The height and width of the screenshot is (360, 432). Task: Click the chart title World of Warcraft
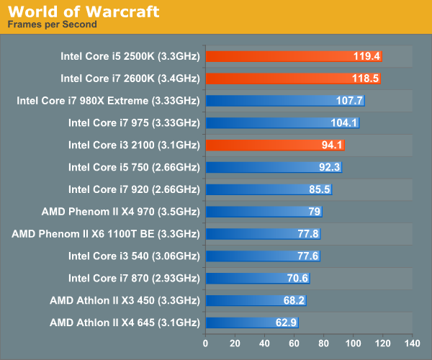pos(83,12)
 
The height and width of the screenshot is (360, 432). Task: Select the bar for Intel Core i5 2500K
pos(294,55)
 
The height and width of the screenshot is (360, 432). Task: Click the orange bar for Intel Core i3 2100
pos(275,145)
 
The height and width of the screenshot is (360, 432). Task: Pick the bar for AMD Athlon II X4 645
pos(252,323)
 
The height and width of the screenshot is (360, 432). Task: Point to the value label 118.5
pos(366,78)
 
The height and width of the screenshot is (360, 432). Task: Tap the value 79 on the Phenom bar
pos(315,212)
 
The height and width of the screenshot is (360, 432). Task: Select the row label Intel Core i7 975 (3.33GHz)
pos(133,122)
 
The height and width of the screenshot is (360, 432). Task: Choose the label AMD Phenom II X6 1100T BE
pos(105,233)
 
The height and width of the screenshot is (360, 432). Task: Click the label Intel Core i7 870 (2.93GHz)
pos(133,278)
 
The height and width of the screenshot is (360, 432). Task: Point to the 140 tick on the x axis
pos(412,343)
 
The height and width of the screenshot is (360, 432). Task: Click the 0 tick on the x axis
pos(206,343)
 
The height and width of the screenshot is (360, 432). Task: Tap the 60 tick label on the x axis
pos(294,343)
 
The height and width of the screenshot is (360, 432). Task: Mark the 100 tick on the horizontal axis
pos(354,343)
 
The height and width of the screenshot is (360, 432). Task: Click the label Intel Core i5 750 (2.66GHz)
pos(133,167)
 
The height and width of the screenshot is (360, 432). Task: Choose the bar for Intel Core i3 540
pos(263,256)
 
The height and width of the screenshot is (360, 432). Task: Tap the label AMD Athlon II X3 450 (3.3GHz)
pos(125,300)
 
